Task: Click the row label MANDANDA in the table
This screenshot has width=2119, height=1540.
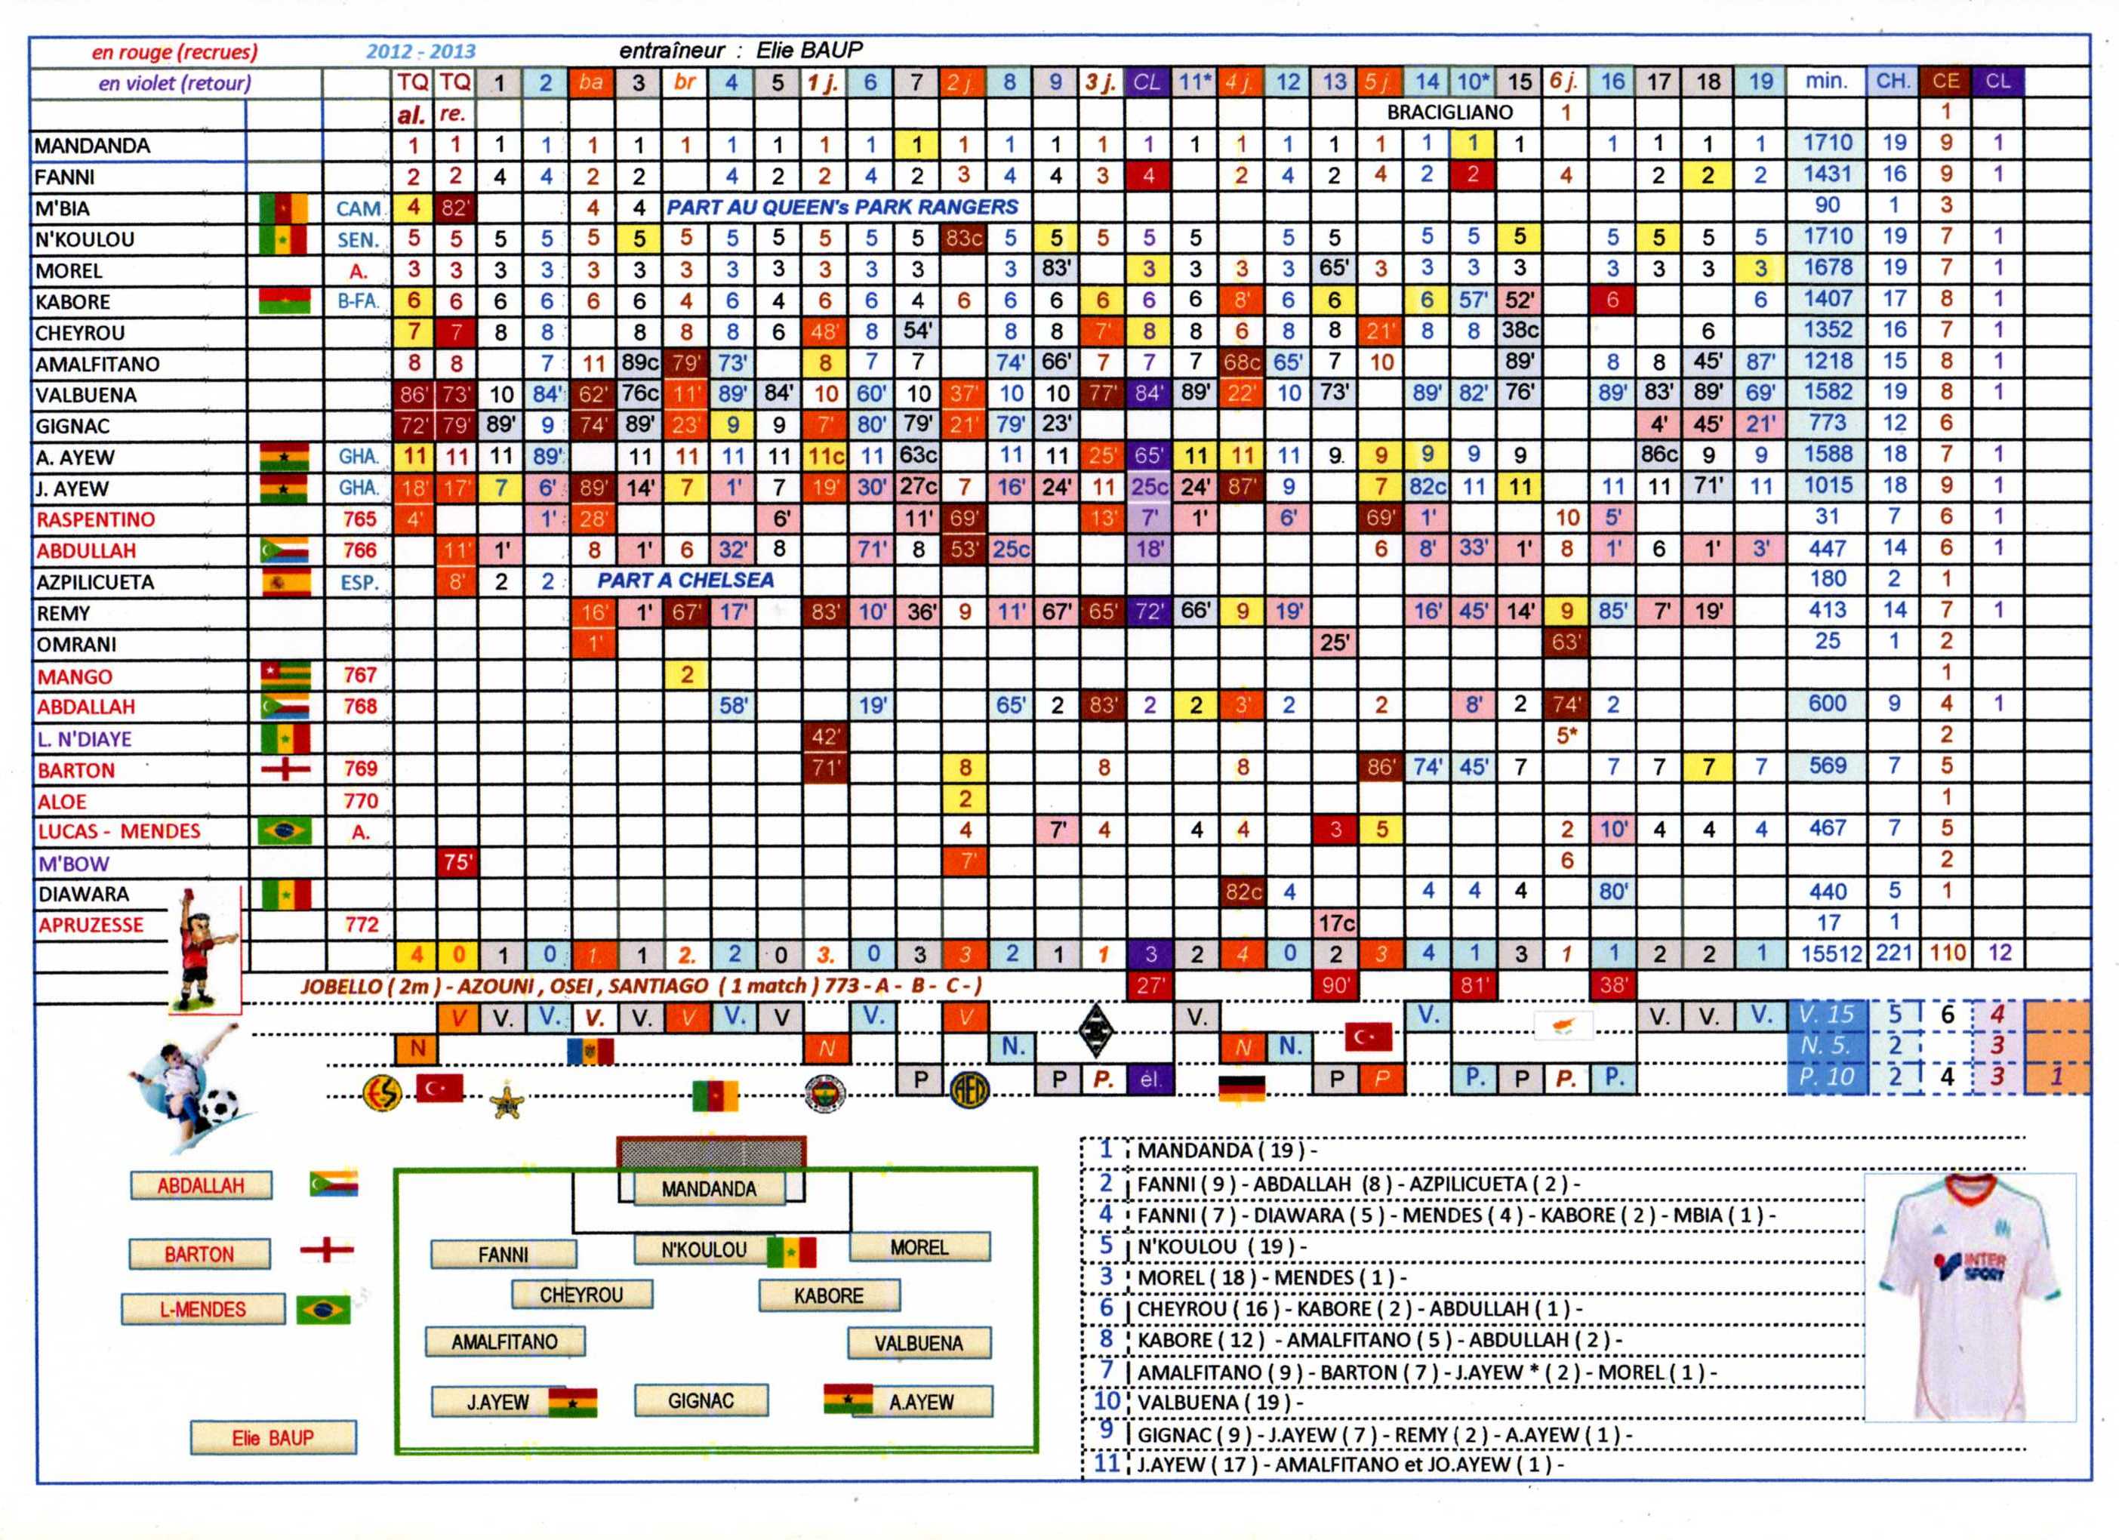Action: click(91, 146)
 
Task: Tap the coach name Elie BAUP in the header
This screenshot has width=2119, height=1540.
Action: click(809, 51)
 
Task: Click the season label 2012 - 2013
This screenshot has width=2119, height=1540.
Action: click(420, 51)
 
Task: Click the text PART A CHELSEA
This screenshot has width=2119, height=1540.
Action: click(685, 581)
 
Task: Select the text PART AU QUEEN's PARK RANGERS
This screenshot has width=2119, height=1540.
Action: click(842, 208)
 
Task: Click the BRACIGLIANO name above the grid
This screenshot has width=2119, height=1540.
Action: click(1449, 113)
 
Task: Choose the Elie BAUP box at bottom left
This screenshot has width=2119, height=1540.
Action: click(273, 1437)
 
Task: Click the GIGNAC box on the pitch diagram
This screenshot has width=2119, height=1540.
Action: click(701, 1400)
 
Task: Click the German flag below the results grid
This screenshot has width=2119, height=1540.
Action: click(1242, 1088)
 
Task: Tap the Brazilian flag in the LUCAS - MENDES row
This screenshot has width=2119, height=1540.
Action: click(284, 830)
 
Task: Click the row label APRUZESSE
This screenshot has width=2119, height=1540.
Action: click(91, 925)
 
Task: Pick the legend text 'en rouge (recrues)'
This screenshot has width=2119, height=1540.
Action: click(174, 52)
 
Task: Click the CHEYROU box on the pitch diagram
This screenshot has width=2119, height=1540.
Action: click(581, 1294)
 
